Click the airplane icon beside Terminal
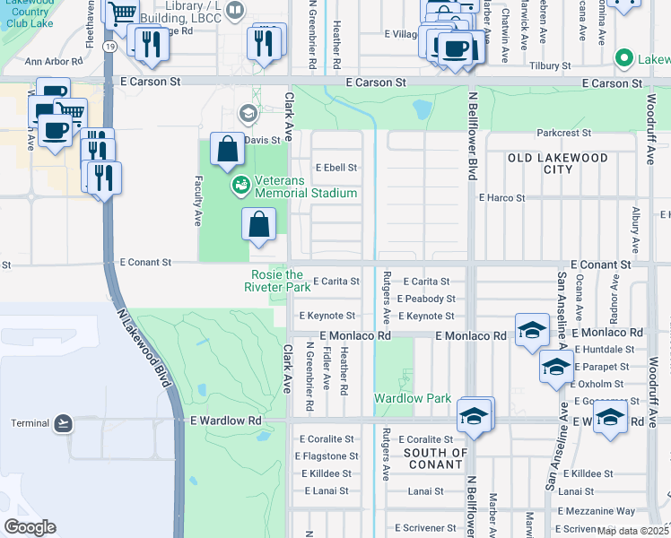63,422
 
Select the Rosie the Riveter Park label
277,281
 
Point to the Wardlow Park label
400,397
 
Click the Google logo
30,526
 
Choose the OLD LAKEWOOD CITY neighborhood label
557,163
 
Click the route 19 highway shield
109,71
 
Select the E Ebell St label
336,168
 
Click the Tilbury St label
550,66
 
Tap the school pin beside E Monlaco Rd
532,329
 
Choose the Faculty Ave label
196,201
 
